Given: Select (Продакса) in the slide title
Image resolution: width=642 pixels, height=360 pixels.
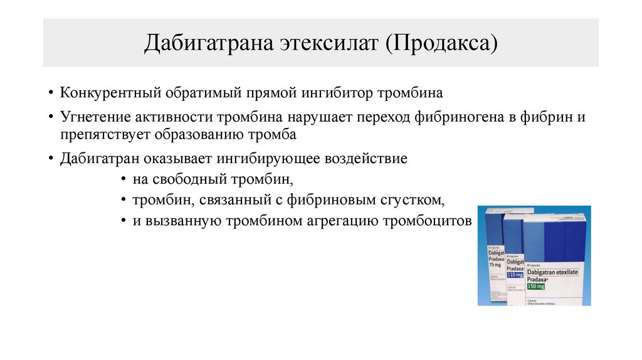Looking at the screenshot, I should (441, 44).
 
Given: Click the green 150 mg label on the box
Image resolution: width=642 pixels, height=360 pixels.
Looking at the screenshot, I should (536, 286).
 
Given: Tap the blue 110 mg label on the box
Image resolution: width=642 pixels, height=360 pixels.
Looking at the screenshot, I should (515, 275).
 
